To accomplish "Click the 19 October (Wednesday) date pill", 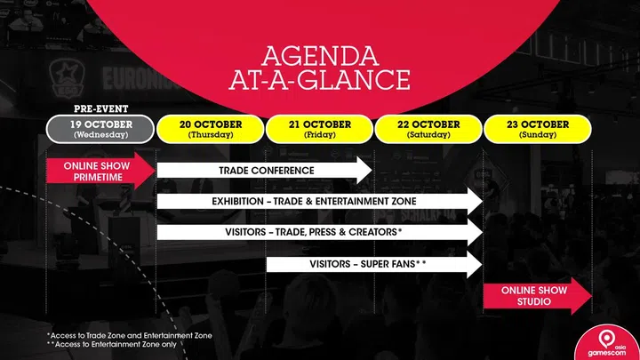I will tap(101, 129).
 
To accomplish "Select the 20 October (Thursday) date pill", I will tap(211, 129).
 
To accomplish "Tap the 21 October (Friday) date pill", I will tap(320, 129).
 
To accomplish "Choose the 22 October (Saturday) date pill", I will tap(429, 129).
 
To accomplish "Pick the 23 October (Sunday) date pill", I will tap(538, 129).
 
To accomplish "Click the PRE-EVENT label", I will tap(101, 109).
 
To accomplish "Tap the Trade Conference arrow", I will tap(265, 171).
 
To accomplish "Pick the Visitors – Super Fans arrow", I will tap(373, 264).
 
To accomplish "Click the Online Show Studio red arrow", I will tap(537, 296).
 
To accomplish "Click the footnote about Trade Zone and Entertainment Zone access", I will tap(129, 334).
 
